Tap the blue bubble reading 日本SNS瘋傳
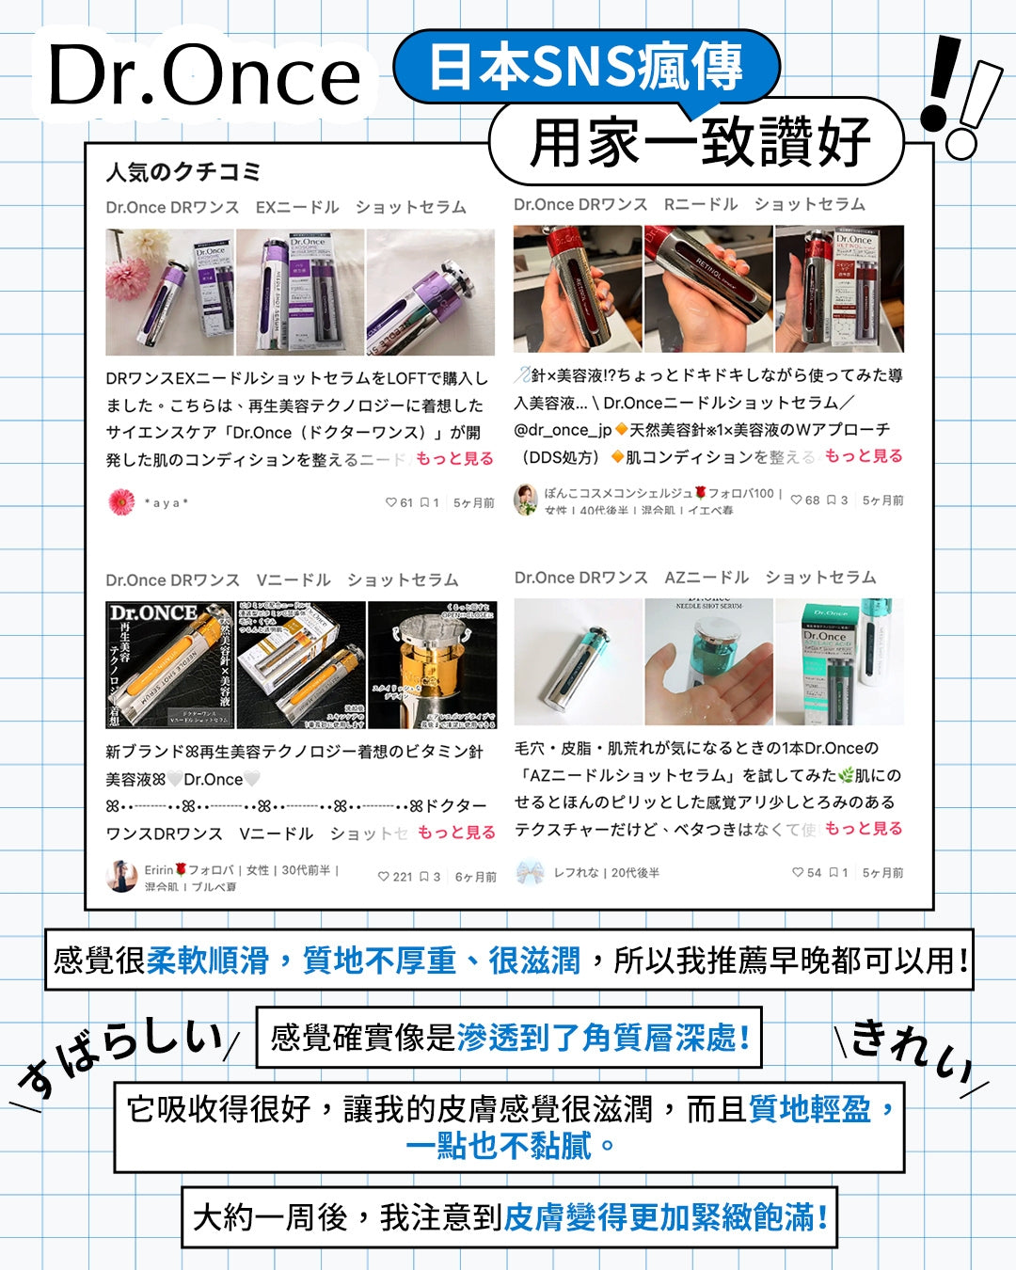[x=585, y=67]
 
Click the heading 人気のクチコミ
[x=183, y=172]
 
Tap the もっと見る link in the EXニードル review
[x=454, y=458]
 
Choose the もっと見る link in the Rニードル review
[x=863, y=455]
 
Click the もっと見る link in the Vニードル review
[x=455, y=832]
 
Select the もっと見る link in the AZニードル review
[x=863, y=828]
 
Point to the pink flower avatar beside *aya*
[x=121, y=502]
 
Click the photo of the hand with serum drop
[x=708, y=662]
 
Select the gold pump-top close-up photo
[x=432, y=665]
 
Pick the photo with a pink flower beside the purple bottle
[x=169, y=292]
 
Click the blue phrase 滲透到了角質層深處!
[x=603, y=1038]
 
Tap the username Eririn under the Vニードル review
[x=159, y=870]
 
